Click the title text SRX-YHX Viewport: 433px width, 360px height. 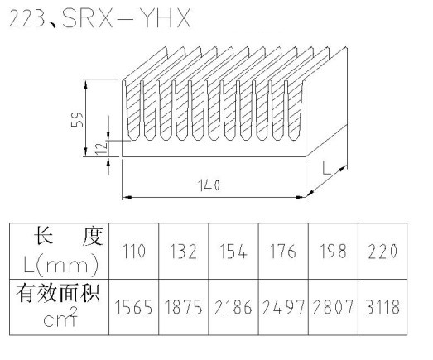[x=127, y=18]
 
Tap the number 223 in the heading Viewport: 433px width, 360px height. [x=27, y=19]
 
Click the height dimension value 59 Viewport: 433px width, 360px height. [x=77, y=119]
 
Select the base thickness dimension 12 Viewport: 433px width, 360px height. [x=101, y=148]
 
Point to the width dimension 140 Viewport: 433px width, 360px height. [x=209, y=185]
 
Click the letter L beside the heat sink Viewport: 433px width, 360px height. [x=326, y=168]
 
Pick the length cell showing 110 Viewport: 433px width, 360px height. [x=134, y=252]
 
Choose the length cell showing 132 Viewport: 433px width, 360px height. [x=183, y=252]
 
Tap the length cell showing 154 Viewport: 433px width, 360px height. [x=233, y=252]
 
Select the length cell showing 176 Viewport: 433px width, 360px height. [x=283, y=252]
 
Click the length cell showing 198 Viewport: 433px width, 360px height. [x=333, y=252]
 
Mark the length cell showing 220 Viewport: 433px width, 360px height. [x=382, y=252]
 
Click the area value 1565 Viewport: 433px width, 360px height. [x=133, y=307]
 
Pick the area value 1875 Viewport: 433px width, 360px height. [x=183, y=307]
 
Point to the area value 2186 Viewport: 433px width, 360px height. [x=233, y=307]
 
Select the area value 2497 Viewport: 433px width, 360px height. [x=283, y=307]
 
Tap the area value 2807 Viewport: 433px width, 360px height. [x=333, y=307]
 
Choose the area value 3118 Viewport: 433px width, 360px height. [x=382, y=307]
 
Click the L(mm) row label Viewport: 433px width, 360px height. [x=61, y=266]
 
